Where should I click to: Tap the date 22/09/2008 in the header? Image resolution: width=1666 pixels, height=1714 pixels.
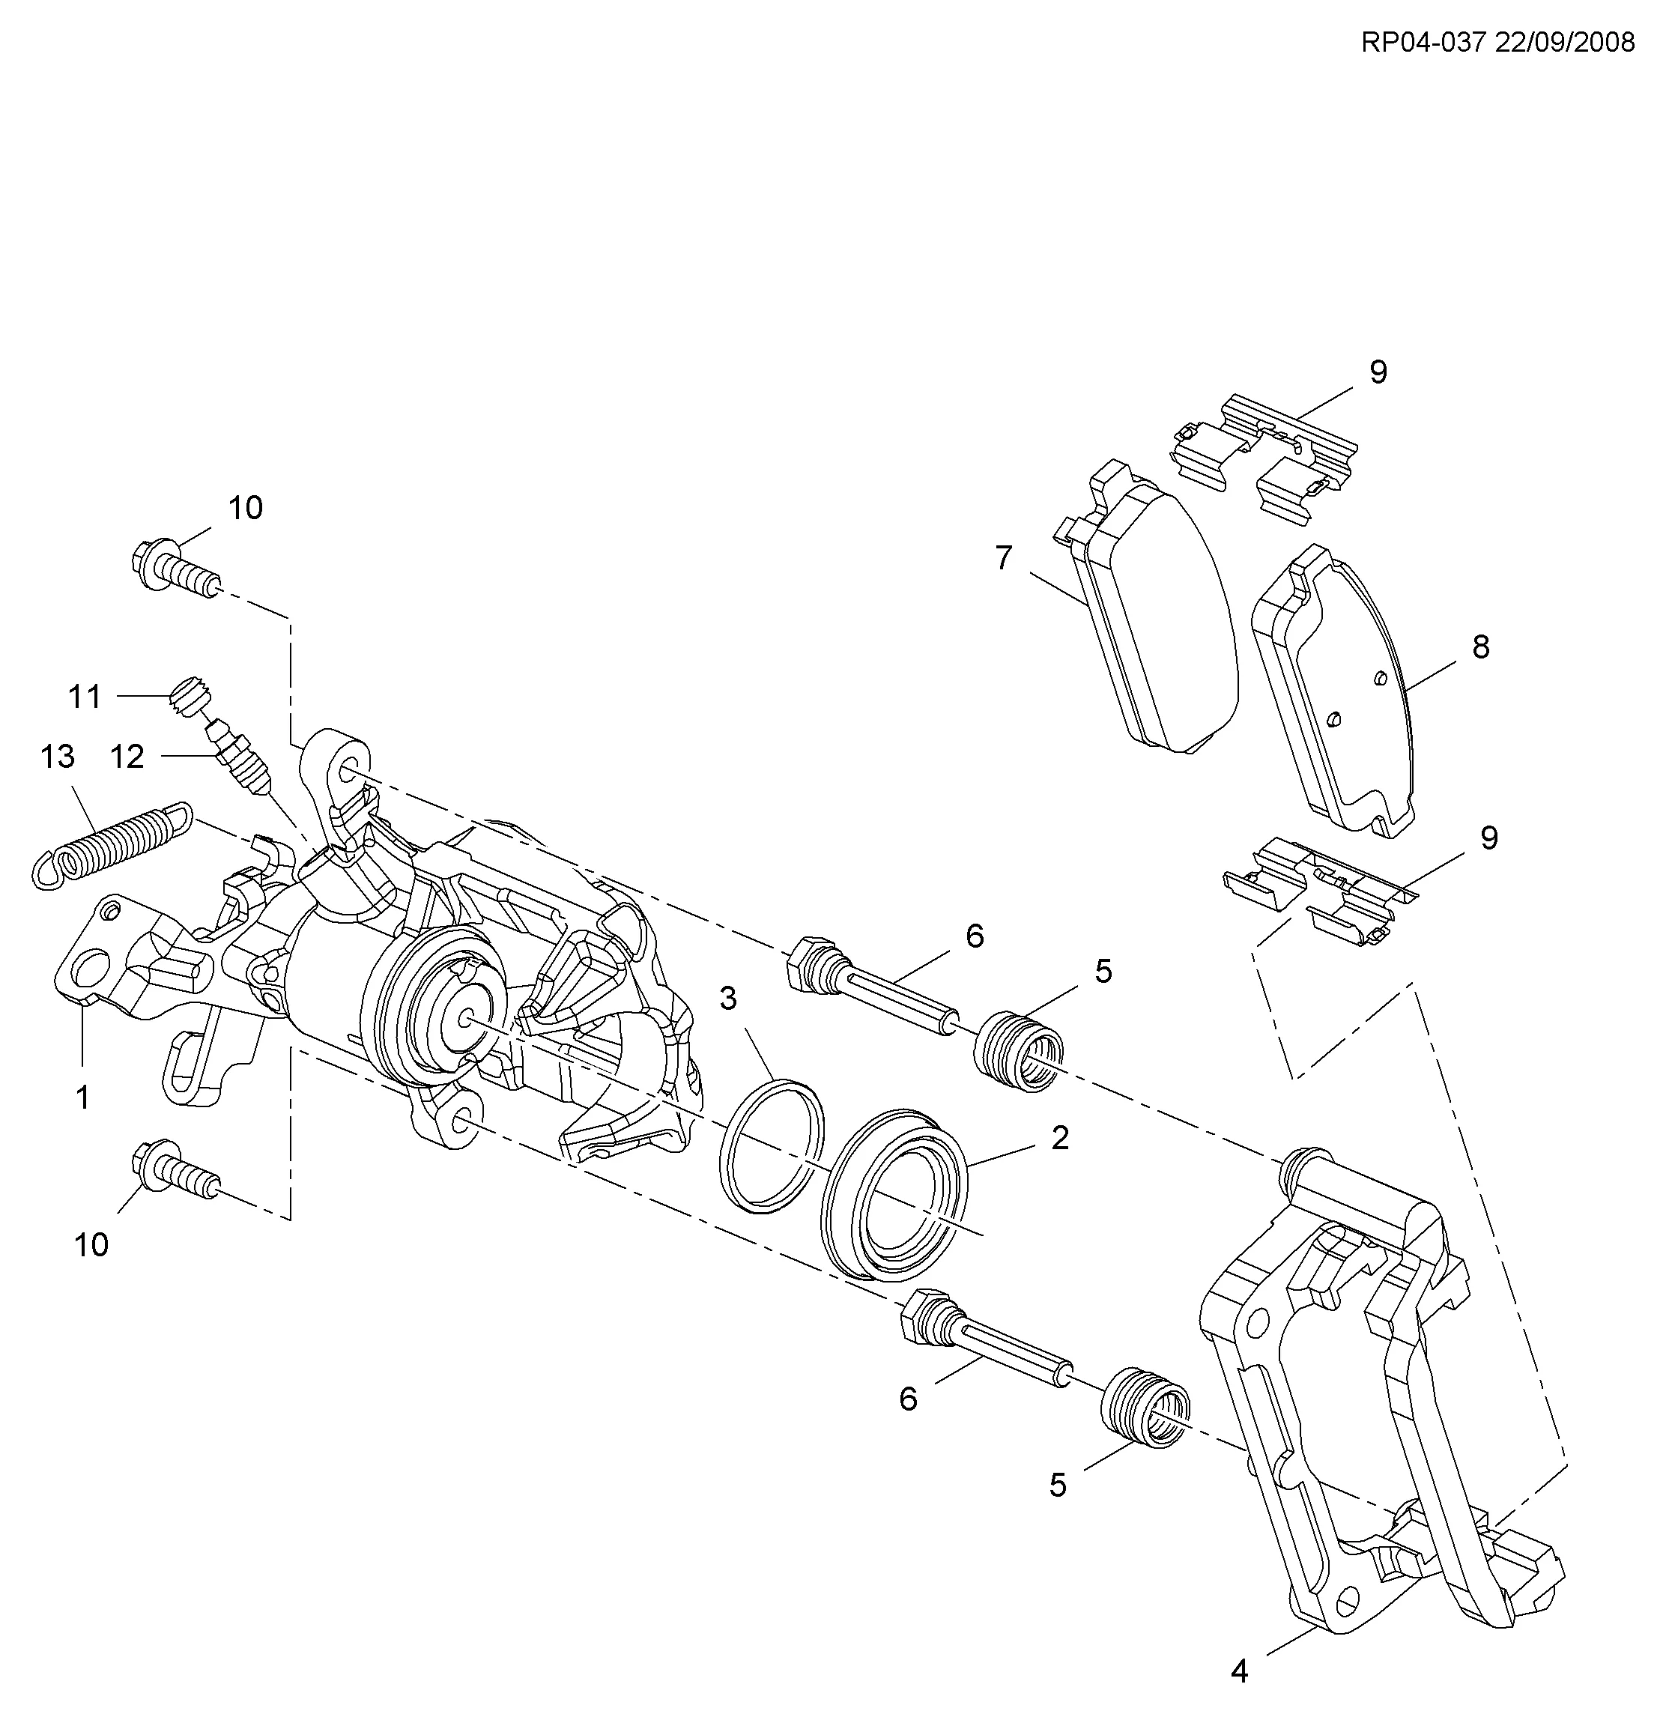[1565, 43]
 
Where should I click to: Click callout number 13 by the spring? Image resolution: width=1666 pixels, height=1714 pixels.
[58, 757]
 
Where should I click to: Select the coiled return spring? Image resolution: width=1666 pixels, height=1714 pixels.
[111, 844]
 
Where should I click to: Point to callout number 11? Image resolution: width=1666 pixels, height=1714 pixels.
[85, 697]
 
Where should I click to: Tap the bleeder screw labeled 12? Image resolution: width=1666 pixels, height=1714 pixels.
[240, 752]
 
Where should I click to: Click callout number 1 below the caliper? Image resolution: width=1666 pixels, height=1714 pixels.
[83, 1096]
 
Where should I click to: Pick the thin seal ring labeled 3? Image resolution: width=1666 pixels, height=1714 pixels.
[771, 1147]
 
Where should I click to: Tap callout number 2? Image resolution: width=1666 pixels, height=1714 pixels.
[1060, 1138]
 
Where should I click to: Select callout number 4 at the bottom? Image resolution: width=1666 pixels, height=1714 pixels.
[1239, 1672]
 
